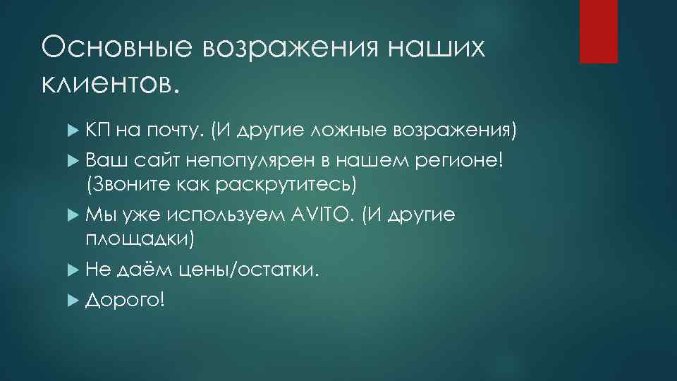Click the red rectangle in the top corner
click(598, 31)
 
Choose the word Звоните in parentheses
click(130, 184)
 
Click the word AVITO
click(321, 215)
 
